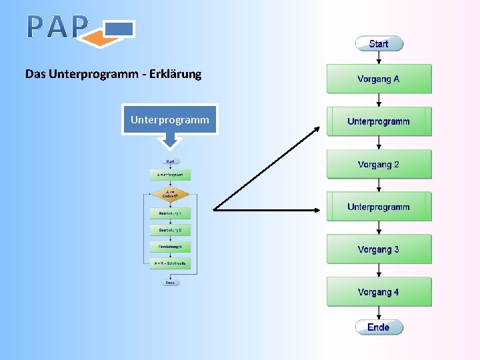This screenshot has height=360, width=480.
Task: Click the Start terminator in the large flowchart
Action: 379,44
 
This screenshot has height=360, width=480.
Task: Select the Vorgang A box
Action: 379,79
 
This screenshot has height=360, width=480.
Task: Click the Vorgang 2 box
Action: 379,164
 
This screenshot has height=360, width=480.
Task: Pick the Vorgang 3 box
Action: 379,249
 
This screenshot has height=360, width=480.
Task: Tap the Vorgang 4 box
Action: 379,292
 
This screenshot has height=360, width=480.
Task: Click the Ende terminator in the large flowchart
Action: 379,327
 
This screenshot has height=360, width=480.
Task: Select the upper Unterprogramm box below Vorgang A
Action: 379,121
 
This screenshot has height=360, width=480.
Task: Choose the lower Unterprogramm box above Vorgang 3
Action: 379,207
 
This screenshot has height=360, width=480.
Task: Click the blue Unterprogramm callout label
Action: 169,120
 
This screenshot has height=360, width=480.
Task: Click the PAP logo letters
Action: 57,27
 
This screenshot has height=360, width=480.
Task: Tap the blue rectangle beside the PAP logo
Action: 120,29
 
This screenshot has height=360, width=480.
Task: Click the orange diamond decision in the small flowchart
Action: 171,195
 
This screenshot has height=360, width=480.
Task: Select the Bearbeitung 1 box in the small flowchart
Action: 171,213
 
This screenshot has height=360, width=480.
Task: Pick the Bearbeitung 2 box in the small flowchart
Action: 171,230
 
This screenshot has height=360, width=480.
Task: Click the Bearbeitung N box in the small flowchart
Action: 171,247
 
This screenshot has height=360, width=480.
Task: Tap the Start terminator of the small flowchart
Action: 171,161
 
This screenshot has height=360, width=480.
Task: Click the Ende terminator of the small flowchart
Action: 171,283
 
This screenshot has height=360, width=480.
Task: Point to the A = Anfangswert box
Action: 171,175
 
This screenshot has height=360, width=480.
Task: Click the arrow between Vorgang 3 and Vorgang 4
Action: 379,271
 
